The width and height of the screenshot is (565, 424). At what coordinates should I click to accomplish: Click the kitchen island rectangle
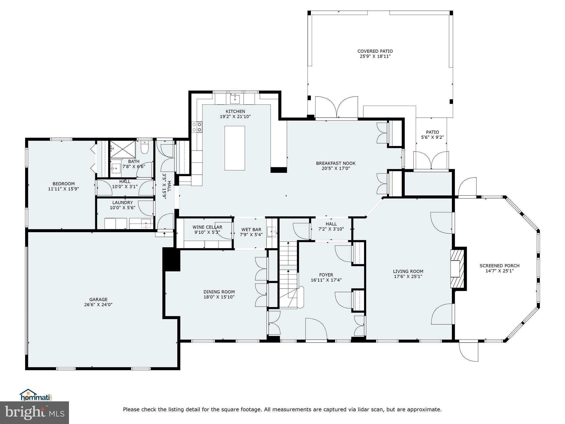click(234, 148)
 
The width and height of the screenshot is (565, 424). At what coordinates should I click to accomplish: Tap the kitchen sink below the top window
click(235, 98)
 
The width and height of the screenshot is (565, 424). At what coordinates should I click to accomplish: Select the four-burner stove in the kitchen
click(197, 127)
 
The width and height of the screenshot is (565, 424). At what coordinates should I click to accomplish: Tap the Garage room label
click(98, 300)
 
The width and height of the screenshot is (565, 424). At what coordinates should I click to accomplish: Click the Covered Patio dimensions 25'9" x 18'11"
click(375, 56)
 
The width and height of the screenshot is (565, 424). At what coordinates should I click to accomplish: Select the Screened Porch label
click(499, 266)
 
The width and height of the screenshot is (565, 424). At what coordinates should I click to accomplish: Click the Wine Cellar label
click(207, 227)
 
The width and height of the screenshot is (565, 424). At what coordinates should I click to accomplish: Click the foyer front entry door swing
click(316, 328)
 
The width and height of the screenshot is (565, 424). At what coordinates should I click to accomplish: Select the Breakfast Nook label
click(336, 163)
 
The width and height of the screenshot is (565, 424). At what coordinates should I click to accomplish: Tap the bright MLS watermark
click(34, 412)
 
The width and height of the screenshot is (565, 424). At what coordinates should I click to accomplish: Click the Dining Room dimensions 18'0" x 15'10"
click(219, 297)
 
